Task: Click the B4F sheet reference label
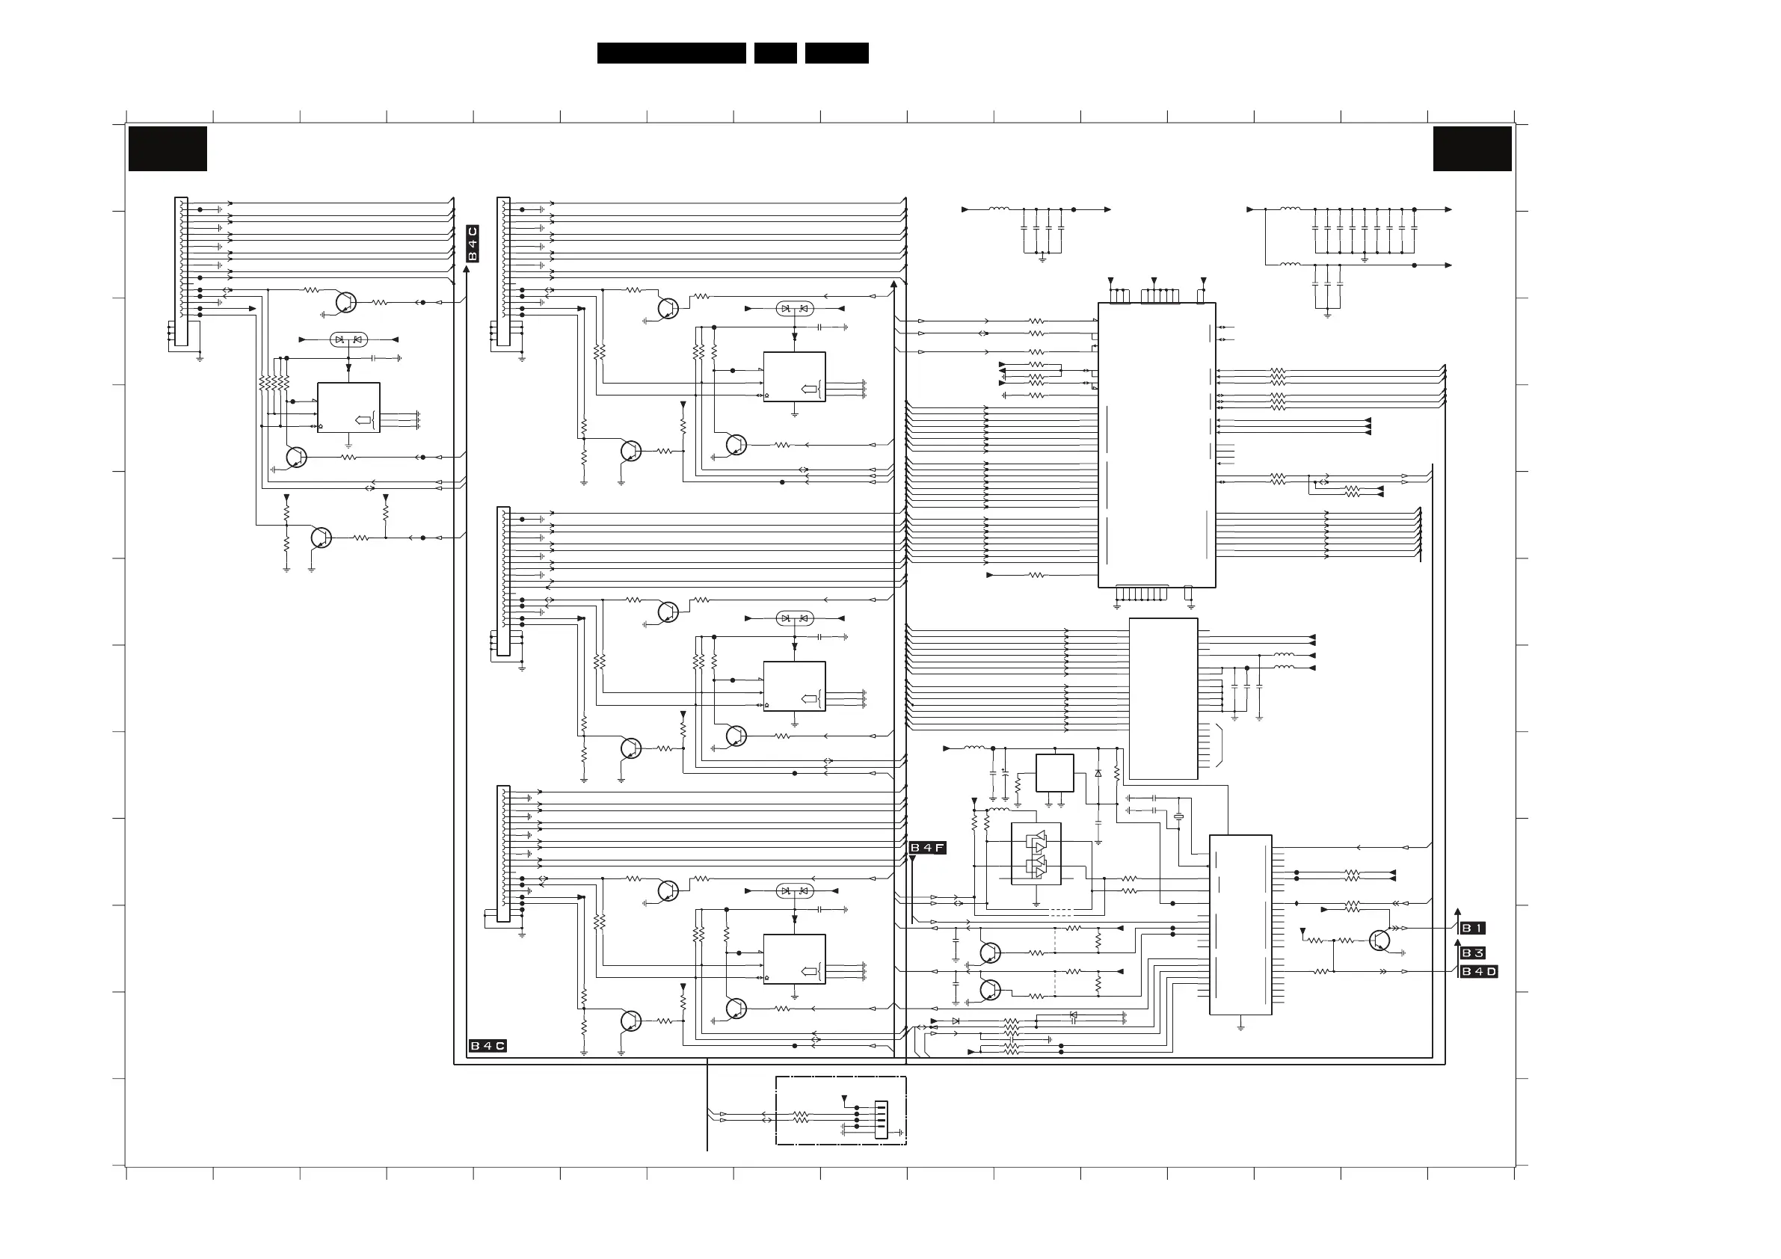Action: [928, 848]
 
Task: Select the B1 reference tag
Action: [1472, 928]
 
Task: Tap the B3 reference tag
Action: [1472, 952]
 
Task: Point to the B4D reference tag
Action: [1478, 971]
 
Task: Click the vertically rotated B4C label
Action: [473, 244]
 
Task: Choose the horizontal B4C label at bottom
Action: [488, 1046]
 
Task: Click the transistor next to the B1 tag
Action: [1379, 941]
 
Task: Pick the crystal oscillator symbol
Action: [1178, 816]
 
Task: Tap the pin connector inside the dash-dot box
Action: [881, 1119]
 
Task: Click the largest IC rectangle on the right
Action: [1157, 445]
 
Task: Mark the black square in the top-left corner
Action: [167, 148]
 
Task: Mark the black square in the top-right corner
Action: [1472, 148]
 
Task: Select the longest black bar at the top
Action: [671, 53]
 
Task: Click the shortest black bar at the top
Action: [775, 53]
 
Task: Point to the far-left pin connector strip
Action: [181, 271]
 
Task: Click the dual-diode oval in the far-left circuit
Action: [348, 339]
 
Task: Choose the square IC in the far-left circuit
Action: [348, 407]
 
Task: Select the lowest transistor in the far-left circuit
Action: [320, 537]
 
